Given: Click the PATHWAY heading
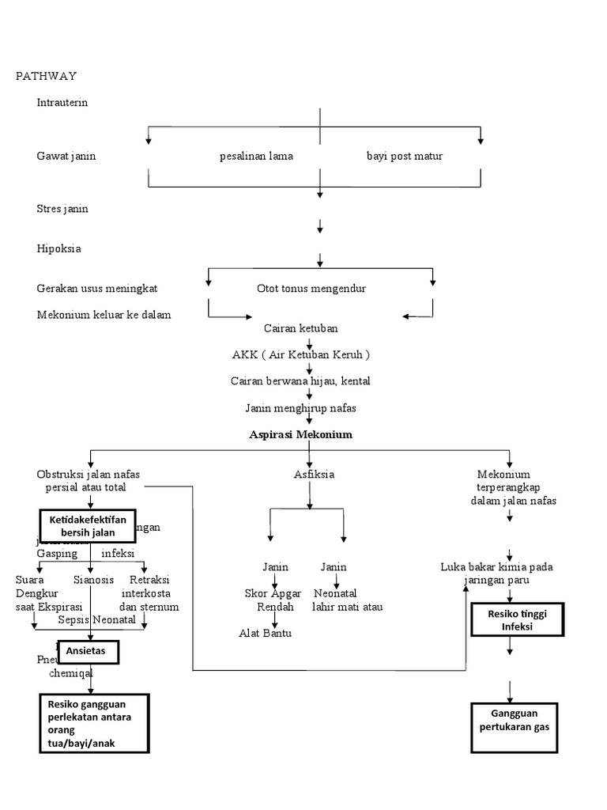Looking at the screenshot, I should point(47,76).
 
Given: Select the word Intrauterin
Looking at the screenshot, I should point(62,102).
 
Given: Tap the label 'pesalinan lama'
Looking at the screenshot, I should point(256,156).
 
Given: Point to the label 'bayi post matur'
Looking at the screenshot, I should point(405,156).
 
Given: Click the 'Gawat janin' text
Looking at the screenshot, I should point(66,156).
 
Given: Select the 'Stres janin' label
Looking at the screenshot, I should point(62,209).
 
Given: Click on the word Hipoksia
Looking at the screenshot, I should point(59,248).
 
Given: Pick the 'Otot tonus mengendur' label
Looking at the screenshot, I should point(311,289).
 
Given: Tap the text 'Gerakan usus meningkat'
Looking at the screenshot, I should point(102,289).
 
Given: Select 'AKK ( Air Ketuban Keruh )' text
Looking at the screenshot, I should point(301,354).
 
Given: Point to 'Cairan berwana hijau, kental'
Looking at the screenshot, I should point(301,381).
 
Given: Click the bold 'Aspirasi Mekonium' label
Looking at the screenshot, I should point(301,435).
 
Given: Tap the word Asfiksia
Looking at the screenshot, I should point(309,475).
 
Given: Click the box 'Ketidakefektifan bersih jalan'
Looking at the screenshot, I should point(88,525).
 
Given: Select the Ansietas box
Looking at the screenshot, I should point(88,652).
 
